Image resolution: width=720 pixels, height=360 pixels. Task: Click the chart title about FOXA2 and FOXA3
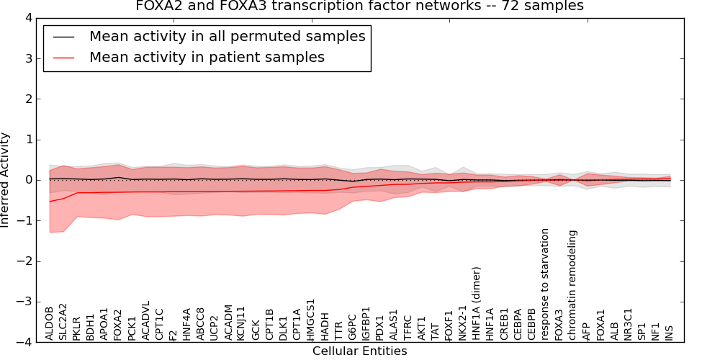pyautogui.click(x=359, y=6)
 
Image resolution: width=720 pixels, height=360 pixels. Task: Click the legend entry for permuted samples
pyautogui.click(x=227, y=36)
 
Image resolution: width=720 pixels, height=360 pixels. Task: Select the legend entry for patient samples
pyautogui.click(x=207, y=57)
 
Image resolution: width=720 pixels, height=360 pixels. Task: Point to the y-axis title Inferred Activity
pyautogui.click(x=6, y=180)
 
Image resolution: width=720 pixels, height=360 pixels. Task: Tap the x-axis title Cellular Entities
pyautogui.click(x=359, y=351)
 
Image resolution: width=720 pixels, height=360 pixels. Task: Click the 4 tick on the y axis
pyautogui.click(x=28, y=18)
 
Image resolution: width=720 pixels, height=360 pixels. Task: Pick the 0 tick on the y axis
pyautogui.click(x=28, y=180)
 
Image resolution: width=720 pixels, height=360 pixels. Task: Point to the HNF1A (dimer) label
pyautogui.click(x=477, y=304)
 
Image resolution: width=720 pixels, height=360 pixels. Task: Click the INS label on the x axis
pyautogui.click(x=669, y=332)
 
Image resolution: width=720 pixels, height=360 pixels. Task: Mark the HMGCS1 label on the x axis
pyautogui.click(x=311, y=320)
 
